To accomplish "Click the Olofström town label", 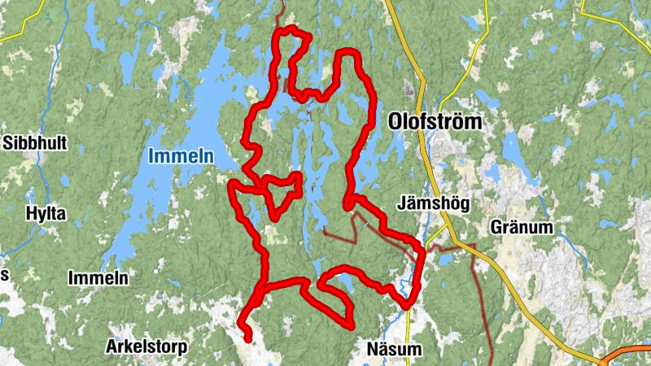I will (435, 122).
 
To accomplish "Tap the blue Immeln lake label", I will (181, 156).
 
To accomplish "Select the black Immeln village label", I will (99, 278).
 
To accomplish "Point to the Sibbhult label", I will (35, 143).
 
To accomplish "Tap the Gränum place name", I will (522, 228).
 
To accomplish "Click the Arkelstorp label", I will (146, 347).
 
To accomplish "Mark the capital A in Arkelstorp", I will (111, 347).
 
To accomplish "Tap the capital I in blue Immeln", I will (151, 156).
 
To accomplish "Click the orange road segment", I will (631, 354).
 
